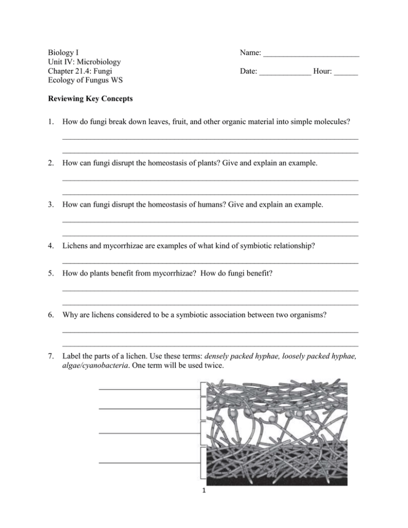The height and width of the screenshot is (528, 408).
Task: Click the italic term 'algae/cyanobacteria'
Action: (97, 364)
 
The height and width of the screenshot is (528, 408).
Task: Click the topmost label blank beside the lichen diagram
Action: (149, 388)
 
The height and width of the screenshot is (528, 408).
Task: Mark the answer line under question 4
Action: (210, 263)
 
